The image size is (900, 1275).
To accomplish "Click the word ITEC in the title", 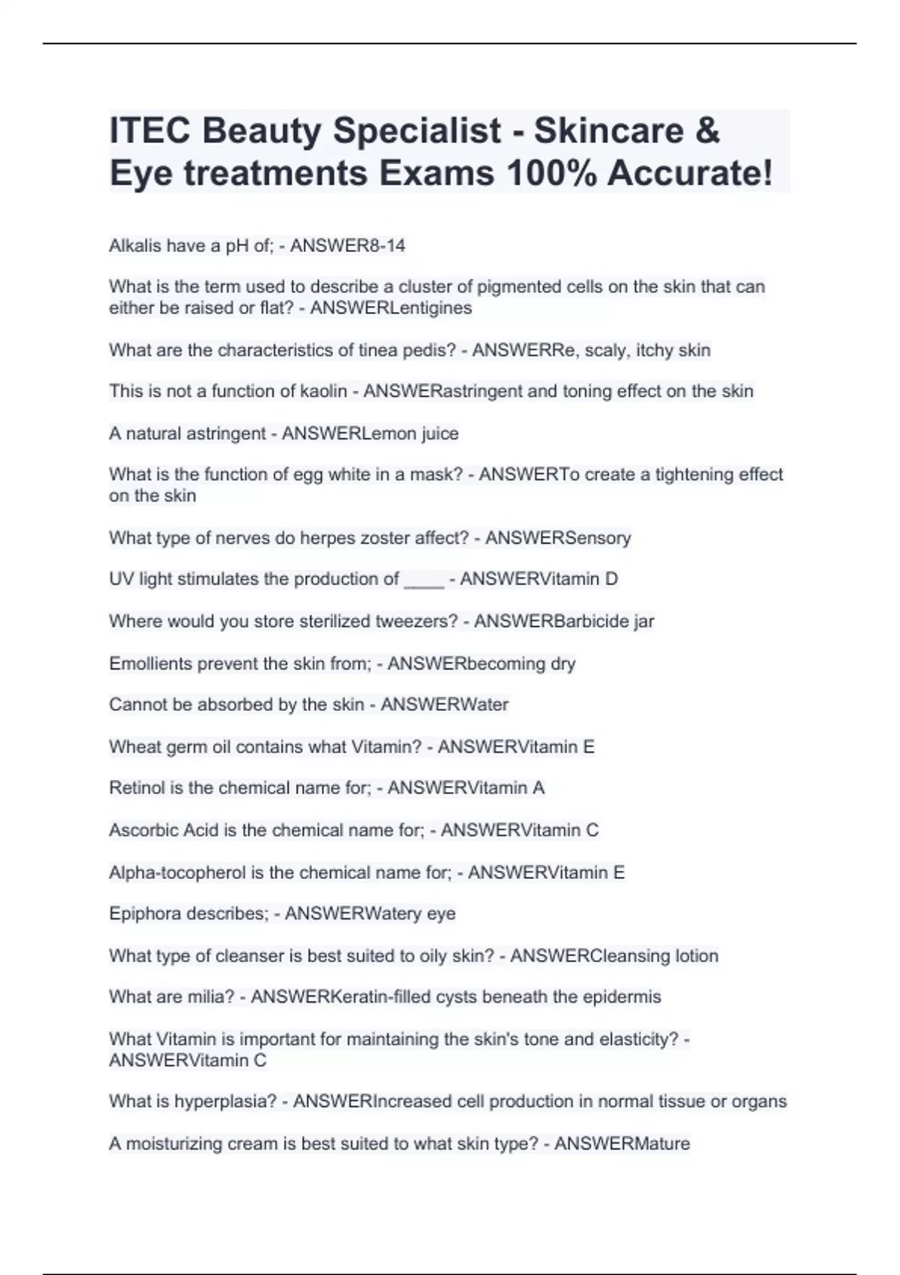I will tap(148, 130).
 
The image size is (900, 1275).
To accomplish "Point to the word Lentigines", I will tap(430, 308).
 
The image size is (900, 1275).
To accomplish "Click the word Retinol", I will tap(134, 788).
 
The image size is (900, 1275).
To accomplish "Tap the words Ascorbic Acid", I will tap(163, 830).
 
